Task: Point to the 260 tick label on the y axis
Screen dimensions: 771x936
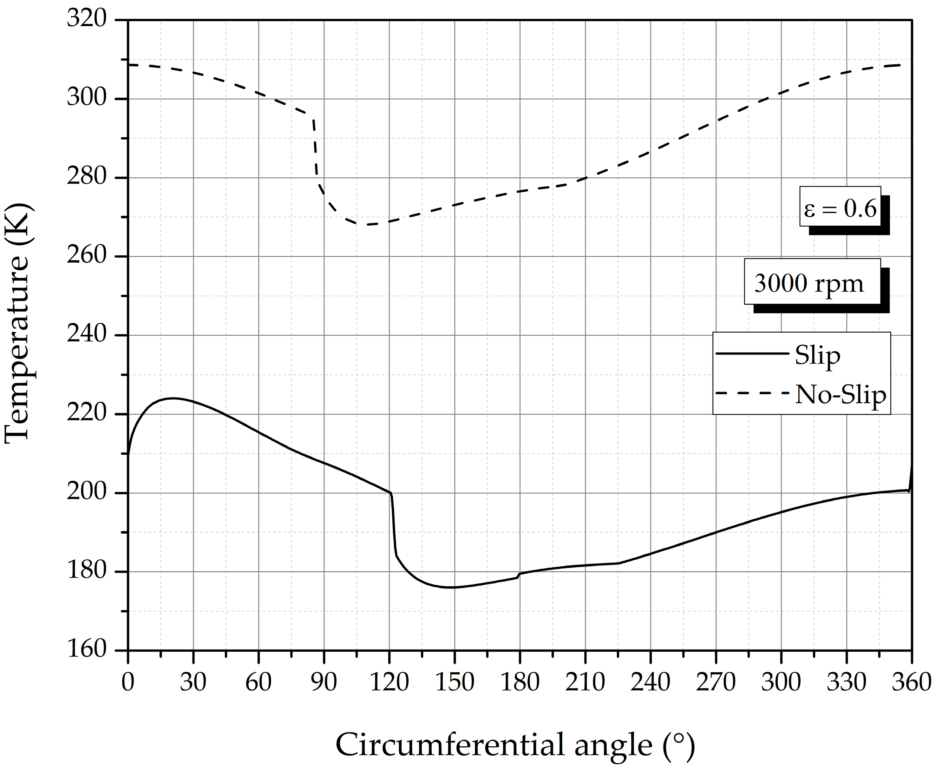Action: (87, 256)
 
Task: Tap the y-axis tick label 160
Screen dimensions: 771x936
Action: (87, 650)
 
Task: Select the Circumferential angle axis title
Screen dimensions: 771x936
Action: (515, 745)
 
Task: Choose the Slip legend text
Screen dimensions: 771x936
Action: (817, 355)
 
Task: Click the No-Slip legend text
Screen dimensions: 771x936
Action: (840, 394)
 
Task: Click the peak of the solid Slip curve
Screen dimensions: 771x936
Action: (173, 398)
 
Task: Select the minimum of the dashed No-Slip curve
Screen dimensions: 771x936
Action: (366, 224)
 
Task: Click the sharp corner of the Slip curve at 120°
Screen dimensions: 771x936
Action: (391, 493)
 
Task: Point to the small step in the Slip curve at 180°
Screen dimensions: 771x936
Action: (519, 575)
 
